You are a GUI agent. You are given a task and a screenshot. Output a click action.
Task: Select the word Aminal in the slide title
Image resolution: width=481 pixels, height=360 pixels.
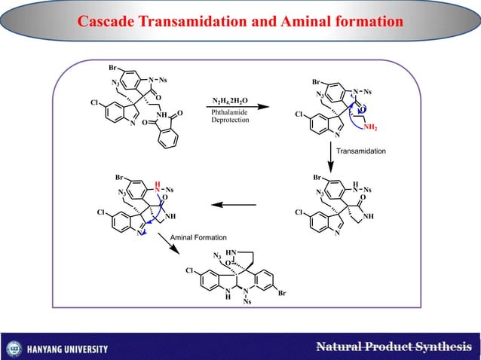click(313, 23)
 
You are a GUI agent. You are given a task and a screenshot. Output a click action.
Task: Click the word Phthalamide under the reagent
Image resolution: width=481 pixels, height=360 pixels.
click(230, 112)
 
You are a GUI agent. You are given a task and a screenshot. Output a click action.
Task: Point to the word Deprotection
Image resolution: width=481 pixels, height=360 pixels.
click(230, 121)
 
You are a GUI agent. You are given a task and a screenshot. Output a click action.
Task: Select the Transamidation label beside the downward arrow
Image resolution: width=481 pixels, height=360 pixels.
click(361, 151)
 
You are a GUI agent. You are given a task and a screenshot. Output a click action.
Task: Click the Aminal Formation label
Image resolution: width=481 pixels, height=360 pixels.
click(199, 238)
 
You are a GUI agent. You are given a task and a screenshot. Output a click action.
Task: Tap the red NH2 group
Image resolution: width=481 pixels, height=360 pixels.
click(370, 128)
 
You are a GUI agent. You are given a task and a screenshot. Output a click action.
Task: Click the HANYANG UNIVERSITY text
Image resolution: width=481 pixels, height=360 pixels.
click(68, 349)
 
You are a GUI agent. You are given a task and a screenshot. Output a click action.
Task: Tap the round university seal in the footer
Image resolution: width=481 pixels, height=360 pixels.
click(13, 349)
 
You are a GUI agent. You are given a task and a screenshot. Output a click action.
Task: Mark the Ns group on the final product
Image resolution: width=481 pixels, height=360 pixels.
click(247, 303)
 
